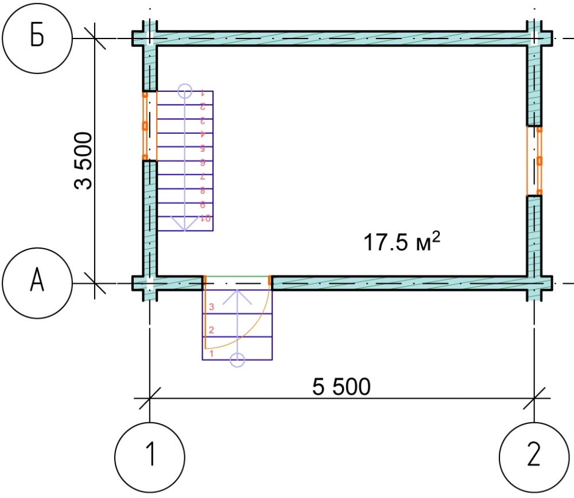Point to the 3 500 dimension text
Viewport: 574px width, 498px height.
(x=83, y=160)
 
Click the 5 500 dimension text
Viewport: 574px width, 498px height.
(x=341, y=387)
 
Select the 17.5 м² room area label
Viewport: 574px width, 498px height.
(x=402, y=241)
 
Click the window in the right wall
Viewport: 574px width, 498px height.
(x=534, y=161)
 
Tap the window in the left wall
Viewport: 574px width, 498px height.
(x=149, y=126)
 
